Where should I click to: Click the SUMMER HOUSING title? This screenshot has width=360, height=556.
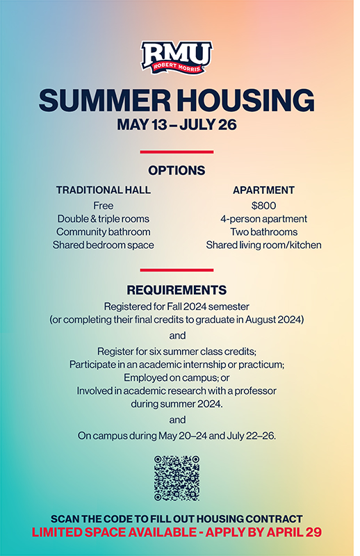[x=177, y=101]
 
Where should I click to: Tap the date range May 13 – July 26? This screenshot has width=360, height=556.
[x=177, y=126]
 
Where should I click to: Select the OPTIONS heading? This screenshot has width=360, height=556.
[x=177, y=170]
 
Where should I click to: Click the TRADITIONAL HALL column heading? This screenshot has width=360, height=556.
[x=104, y=190]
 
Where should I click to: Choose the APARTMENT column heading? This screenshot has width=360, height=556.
[x=263, y=190]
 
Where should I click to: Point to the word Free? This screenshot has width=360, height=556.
[x=104, y=206]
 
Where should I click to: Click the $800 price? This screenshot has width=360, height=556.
[x=263, y=206]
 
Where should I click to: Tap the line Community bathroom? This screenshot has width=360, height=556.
[x=104, y=232]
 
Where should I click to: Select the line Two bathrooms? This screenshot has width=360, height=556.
[x=263, y=232]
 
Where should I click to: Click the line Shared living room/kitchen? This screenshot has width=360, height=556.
[x=263, y=245]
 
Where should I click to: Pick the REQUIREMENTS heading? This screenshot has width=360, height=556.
[x=177, y=290]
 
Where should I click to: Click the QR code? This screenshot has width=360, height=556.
[x=177, y=478]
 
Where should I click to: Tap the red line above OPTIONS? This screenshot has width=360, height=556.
[x=177, y=152]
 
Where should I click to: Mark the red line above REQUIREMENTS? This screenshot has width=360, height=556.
[x=177, y=270]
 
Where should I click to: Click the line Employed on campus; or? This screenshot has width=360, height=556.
[x=177, y=377]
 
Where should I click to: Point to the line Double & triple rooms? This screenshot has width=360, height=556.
[x=104, y=219]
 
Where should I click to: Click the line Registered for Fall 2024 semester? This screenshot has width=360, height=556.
[x=177, y=306]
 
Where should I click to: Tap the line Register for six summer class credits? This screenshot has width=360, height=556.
[x=177, y=351]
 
